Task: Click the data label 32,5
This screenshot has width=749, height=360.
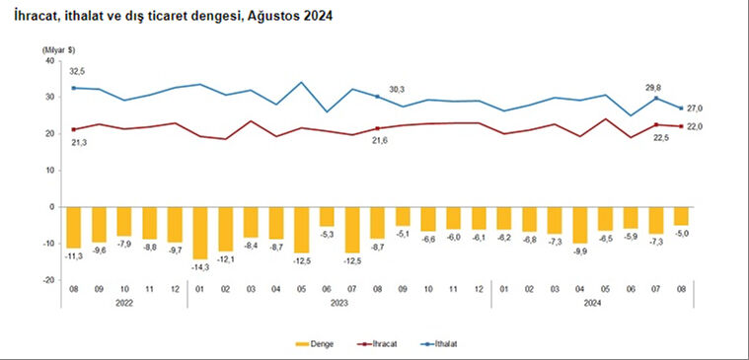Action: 76,71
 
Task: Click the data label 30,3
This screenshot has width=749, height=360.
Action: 395,88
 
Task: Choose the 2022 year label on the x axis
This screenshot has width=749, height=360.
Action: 123,304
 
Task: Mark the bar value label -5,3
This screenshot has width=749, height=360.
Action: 327,234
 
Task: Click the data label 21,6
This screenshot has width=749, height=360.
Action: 377,142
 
